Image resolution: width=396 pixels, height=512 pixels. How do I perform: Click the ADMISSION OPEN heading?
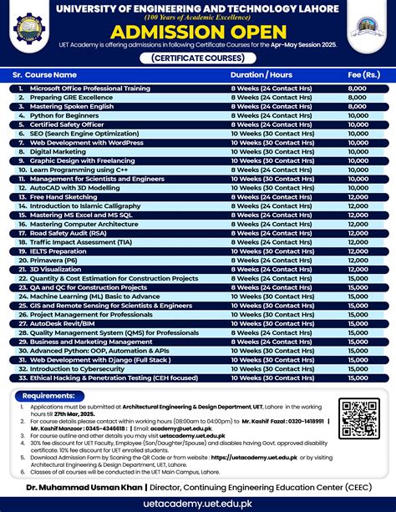tap(198, 32)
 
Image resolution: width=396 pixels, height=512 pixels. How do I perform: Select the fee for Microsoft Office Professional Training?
tap(357, 88)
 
